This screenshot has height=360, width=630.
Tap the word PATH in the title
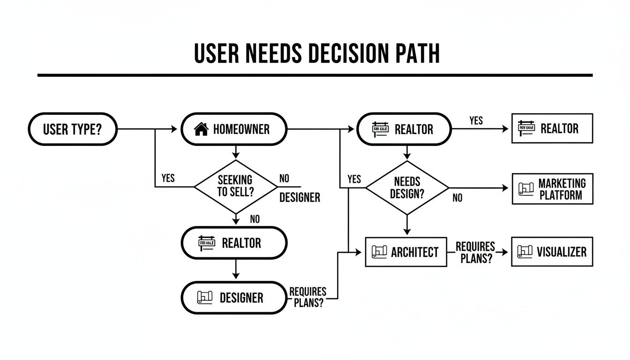[x=414, y=53]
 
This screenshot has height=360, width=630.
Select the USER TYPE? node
[x=73, y=129]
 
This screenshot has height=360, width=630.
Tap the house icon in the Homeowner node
[x=201, y=129]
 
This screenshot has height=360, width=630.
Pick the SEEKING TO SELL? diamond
[x=235, y=187]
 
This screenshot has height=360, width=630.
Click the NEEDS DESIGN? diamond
[x=407, y=187]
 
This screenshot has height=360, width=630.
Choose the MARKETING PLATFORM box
[x=552, y=189]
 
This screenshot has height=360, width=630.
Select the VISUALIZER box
[x=552, y=252]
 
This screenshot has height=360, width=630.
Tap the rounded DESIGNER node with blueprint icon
[x=233, y=298]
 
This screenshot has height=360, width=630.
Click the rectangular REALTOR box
[x=552, y=128]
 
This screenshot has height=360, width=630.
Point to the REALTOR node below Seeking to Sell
[x=233, y=243]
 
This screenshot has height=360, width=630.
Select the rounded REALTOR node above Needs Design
[x=404, y=129]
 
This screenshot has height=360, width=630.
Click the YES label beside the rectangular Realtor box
[x=476, y=121]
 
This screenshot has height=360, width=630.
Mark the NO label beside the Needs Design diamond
[x=457, y=198]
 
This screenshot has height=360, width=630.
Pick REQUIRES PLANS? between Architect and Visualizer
[x=475, y=252]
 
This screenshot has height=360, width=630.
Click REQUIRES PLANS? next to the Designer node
[x=307, y=297]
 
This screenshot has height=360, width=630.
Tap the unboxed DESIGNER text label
[x=300, y=198]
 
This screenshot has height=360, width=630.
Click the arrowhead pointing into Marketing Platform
[x=505, y=188]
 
